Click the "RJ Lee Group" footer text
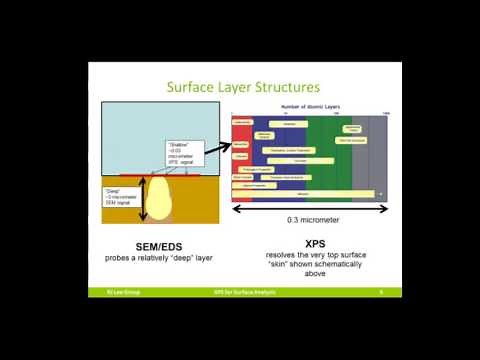pos(106,292)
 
